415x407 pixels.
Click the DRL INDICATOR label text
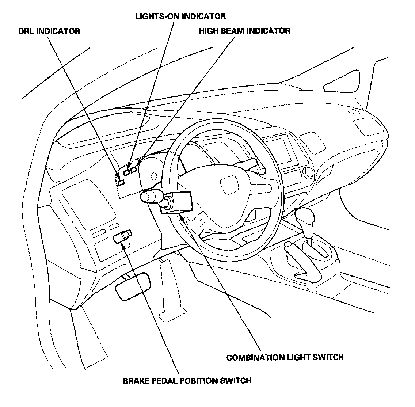pyautogui.click(x=49, y=31)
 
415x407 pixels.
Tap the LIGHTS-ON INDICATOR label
pyautogui.click(x=180, y=16)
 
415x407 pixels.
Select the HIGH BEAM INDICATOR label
pyautogui.click(x=244, y=31)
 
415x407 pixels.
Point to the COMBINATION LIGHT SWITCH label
pyautogui.click(x=285, y=357)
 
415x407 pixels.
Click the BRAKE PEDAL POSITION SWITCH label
pyautogui.click(x=187, y=381)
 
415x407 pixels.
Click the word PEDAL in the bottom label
pyautogui.click(x=163, y=381)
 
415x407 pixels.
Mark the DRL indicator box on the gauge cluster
pyautogui.click(x=121, y=182)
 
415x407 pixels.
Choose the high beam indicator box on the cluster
pyautogui.click(x=134, y=170)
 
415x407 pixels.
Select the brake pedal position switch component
pyautogui.click(x=122, y=236)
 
